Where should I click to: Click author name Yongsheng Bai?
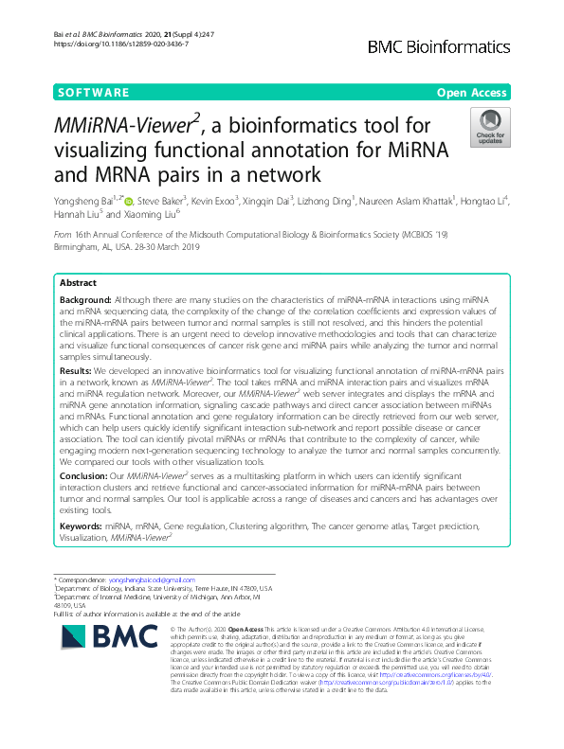pyautogui.click(x=84, y=201)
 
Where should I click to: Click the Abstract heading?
pyautogui.click(x=78, y=257)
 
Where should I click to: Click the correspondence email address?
pyautogui.click(x=152, y=580)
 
